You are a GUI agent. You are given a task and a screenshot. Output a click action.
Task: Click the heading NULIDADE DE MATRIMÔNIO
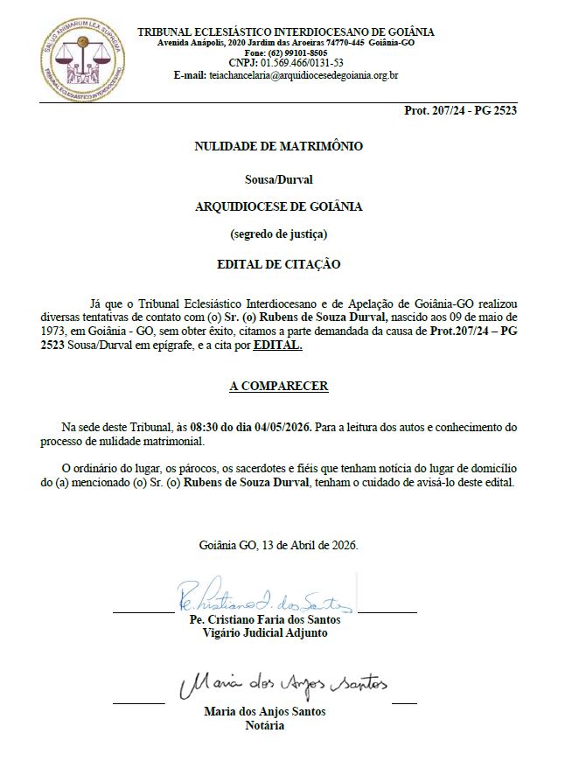(x=278, y=147)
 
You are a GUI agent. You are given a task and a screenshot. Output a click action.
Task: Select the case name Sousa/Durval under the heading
(x=278, y=179)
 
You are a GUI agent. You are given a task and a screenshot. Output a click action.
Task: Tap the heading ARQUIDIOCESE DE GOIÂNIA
(x=278, y=206)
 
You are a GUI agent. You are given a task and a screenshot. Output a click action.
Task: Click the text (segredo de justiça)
(x=278, y=234)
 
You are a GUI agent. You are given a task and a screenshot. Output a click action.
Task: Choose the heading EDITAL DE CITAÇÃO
(x=278, y=262)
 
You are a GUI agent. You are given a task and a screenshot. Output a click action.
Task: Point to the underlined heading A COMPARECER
(x=278, y=385)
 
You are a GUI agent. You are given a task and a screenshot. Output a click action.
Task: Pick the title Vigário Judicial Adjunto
(x=265, y=632)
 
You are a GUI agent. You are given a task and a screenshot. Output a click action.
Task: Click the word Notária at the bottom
(x=266, y=725)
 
